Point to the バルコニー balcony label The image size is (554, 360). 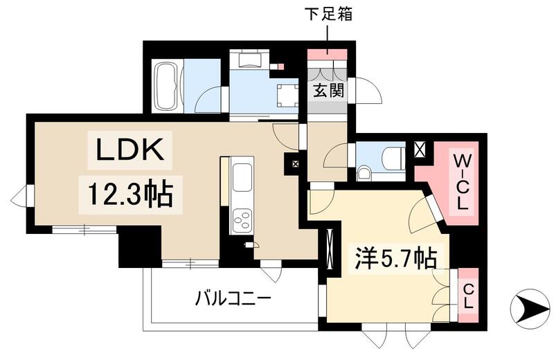pos(232,299)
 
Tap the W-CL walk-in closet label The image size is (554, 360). pos(461,181)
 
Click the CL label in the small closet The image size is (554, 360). pos(467,296)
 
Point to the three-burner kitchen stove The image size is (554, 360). pos(243,219)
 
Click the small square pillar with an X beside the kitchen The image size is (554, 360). pos(296,164)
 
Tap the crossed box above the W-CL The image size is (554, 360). pos(420,147)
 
